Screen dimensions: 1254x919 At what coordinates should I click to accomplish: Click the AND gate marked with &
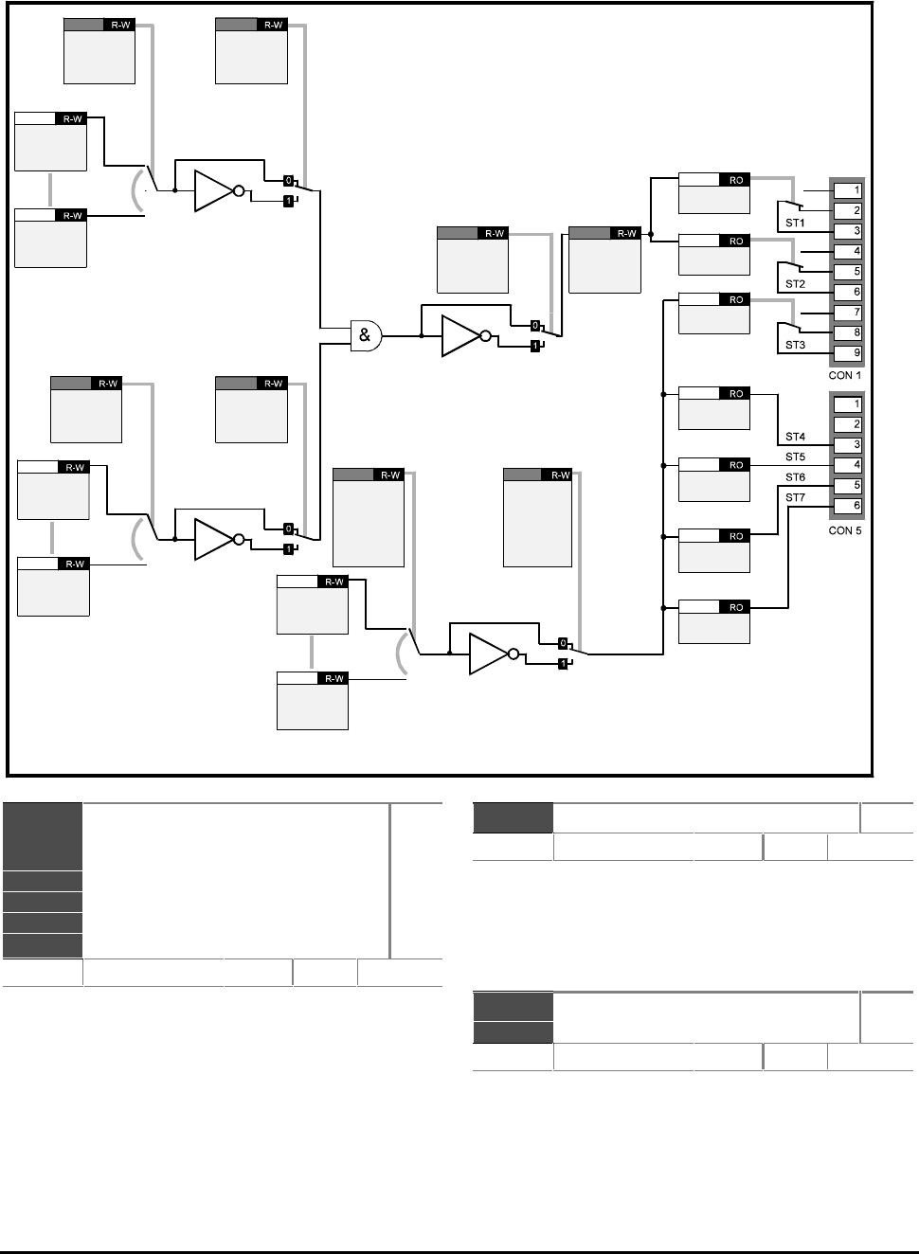[365, 335]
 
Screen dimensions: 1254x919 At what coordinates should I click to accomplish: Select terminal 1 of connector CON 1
[847, 190]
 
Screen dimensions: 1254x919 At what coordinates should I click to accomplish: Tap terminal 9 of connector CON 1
[847, 353]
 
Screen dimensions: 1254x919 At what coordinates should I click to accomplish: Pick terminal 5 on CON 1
[847, 272]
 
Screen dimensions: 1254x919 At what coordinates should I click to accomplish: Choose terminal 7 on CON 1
[847, 313]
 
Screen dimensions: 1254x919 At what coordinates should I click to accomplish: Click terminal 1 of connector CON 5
[847, 404]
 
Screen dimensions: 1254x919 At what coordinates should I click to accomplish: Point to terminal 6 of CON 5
[847, 506]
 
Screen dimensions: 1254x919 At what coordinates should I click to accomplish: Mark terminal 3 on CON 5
[847, 445]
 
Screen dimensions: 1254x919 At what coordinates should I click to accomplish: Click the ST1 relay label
[795, 224]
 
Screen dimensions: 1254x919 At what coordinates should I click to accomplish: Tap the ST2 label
[795, 284]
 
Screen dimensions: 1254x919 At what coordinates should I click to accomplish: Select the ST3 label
[795, 345]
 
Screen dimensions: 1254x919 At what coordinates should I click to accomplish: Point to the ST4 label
[795, 437]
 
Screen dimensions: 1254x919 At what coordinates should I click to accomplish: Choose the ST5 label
[795, 457]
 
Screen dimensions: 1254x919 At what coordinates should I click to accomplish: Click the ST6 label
[795, 477]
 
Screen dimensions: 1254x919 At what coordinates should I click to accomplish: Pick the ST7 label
[795, 497]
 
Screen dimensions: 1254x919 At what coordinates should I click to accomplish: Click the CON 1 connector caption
[845, 375]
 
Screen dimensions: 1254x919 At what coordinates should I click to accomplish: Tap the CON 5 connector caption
[845, 530]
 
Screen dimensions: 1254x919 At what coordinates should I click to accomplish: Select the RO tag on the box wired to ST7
[736, 607]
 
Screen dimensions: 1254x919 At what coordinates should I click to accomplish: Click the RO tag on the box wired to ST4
[736, 393]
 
